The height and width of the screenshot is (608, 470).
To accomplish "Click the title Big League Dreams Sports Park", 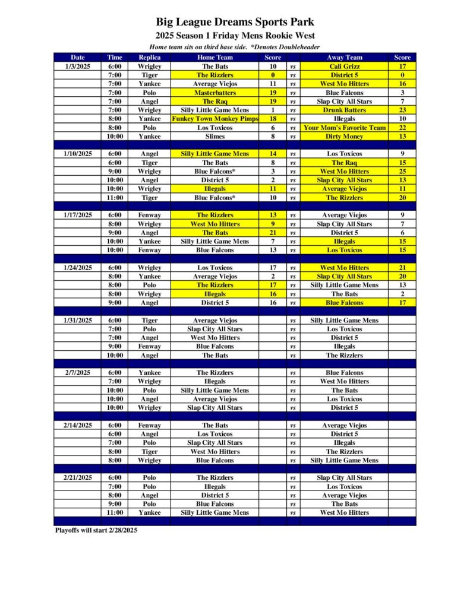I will pyautogui.click(x=235, y=23).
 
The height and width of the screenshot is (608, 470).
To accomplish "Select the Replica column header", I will pyautogui.click(x=149, y=58).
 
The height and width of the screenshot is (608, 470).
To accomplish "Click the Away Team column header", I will pyautogui.click(x=344, y=58).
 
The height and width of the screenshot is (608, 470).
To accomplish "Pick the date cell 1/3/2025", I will pyautogui.click(x=78, y=66).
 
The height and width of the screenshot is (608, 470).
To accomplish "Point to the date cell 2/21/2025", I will pyautogui.click(x=78, y=477).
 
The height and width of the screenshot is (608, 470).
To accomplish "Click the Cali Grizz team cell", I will pyautogui.click(x=344, y=66).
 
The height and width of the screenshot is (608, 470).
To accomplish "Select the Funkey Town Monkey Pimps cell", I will pyautogui.click(x=215, y=119).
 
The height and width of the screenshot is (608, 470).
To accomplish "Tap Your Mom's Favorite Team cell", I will pyautogui.click(x=344, y=128).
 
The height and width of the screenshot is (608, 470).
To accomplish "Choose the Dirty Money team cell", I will pyautogui.click(x=344, y=137).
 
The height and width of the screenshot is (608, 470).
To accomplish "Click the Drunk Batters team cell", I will pyautogui.click(x=344, y=110).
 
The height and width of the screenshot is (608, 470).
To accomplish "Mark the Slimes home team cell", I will pyautogui.click(x=215, y=137).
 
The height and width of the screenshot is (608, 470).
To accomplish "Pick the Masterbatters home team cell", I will pyautogui.click(x=215, y=93).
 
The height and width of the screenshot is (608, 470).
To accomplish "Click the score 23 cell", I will pyautogui.click(x=402, y=110).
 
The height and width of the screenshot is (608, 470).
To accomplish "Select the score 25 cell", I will pyautogui.click(x=402, y=172).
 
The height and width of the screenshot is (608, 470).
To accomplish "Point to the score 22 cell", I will pyautogui.click(x=402, y=128).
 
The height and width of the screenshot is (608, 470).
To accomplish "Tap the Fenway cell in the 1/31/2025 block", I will pyautogui.click(x=149, y=346).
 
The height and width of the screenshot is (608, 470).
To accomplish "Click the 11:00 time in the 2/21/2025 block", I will pyautogui.click(x=115, y=512).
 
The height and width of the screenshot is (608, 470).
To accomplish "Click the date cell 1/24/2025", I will pyautogui.click(x=78, y=268).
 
